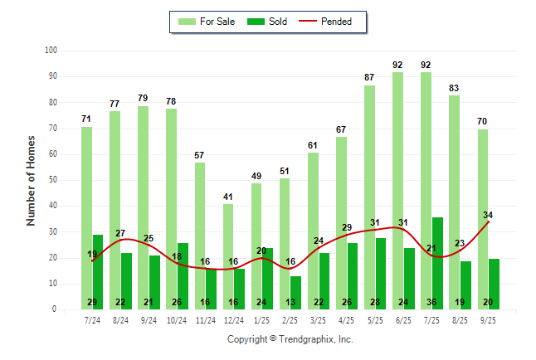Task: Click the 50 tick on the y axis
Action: pos(51,180)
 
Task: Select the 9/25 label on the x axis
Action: pos(489,319)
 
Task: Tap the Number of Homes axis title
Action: pos(31,180)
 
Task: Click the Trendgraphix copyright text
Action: pos(290,339)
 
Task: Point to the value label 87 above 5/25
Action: pos(369,77)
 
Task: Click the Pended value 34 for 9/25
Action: pos(489,216)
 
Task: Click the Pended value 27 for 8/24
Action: pos(120,233)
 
